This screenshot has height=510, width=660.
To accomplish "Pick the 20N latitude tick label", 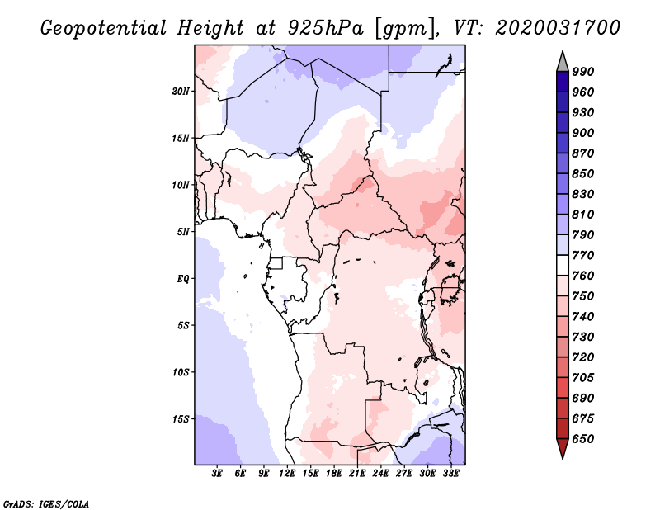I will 181,91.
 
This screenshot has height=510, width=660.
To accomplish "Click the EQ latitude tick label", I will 182,278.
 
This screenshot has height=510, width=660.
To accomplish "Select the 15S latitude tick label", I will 181,419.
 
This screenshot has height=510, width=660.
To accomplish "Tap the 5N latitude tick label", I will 183,232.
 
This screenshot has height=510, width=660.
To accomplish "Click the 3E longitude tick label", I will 218,475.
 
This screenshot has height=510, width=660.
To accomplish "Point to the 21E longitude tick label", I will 357,475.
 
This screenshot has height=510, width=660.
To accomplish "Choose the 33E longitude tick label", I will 450,475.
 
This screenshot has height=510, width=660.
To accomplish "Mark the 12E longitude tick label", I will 288,475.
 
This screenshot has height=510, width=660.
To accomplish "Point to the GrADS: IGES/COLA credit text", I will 46,503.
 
